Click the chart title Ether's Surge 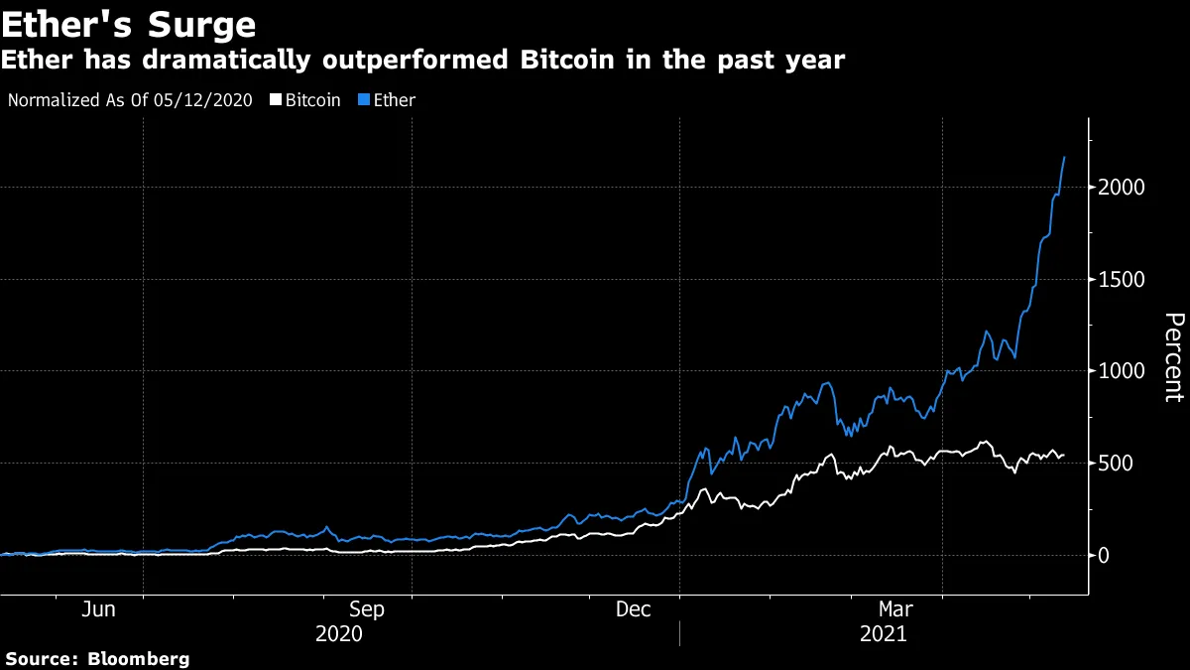point(129,24)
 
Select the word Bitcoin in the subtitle point(571,61)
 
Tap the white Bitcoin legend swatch point(276,100)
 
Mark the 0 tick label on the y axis point(1104,556)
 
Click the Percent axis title point(1173,357)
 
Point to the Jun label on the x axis point(98,609)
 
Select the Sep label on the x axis point(368,609)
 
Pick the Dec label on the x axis point(635,609)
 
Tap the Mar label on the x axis point(896,609)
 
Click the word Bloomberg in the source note point(138,659)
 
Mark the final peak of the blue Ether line point(1065,157)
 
